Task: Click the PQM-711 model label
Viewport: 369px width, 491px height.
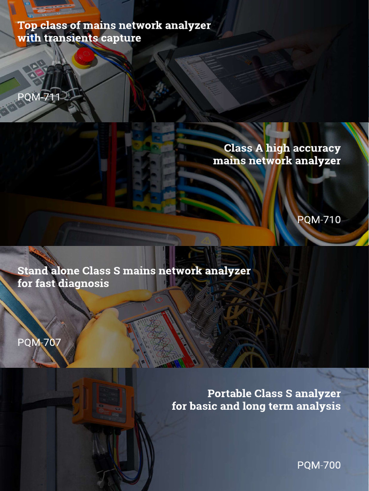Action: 38,97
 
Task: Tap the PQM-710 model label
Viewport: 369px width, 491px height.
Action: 319,220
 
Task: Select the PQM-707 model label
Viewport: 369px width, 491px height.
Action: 39,342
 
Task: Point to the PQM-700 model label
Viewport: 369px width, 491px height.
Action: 319,465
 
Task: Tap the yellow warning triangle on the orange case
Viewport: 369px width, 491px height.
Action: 206,241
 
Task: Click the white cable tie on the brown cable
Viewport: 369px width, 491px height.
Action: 320,176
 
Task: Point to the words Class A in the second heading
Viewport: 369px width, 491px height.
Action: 243,148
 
